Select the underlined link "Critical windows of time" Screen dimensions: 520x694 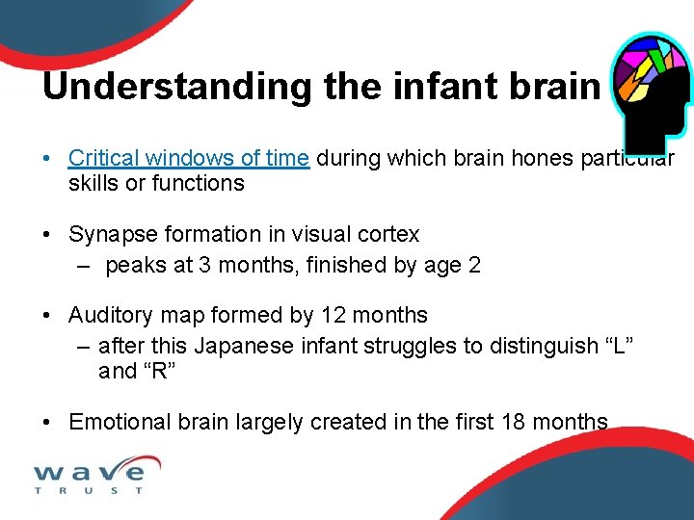189,158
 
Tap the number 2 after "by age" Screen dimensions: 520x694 473,265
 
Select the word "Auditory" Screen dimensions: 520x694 109,315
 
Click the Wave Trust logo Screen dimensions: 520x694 90,475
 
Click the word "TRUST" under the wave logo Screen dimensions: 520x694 90,490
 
